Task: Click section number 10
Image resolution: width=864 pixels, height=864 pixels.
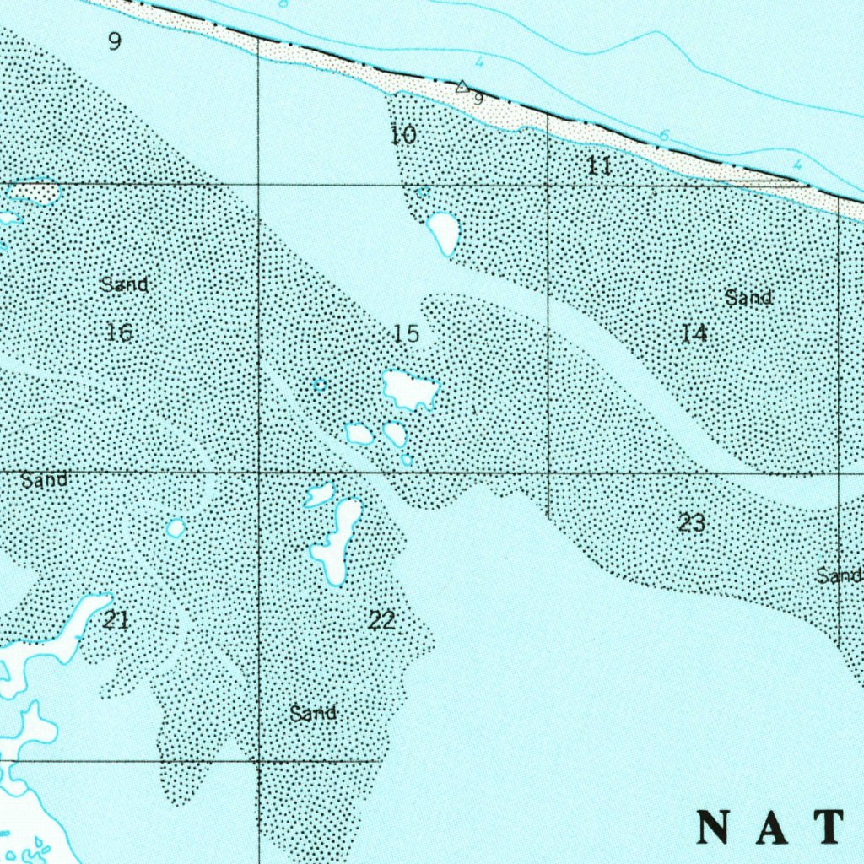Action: click(404, 134)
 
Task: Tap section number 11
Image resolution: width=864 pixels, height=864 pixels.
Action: click(599, 166)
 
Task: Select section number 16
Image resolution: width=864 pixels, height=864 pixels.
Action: click(120, 332)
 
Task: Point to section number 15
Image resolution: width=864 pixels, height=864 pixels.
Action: click(406, 334)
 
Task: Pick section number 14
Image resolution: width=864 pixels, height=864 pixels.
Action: click(694, 333)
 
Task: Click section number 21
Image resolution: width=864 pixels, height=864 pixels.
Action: click(116, 621)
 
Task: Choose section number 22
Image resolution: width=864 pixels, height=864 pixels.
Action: click(381, 621)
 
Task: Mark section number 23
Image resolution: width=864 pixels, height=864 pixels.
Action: click(692, 523)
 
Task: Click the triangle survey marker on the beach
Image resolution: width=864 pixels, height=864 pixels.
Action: click(462, 86)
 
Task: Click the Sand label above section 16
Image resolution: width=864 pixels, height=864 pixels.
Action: click(124, 284)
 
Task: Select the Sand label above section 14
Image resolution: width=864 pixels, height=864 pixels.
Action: click(748, 297)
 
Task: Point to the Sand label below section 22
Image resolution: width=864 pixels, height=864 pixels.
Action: click(313, 714)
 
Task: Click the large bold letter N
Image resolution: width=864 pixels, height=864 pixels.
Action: click(715, 827)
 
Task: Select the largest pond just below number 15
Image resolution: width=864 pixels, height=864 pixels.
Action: click(411, 389)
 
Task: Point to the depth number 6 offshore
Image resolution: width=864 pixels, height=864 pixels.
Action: click(664, 136)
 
